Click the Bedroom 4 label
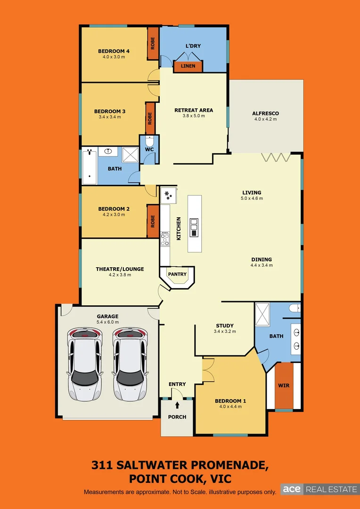(114, 51)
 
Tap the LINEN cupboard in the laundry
(188, 66)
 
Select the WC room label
(149, 149)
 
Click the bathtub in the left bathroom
(89, 166)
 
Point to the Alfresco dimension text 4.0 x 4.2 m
(265, 119)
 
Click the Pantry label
(177, 274)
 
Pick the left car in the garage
(85, 363)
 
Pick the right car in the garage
(130, 363)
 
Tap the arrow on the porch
(177, 405)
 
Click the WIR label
(284, 386)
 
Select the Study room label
(225, 326)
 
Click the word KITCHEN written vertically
(179, 229)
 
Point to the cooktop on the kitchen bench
(164, 239)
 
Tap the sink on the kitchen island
(194, 228)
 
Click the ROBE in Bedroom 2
(153, 221)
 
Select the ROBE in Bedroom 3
(150, 118)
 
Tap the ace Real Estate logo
(319, 489)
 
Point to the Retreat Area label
(193, 110)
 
